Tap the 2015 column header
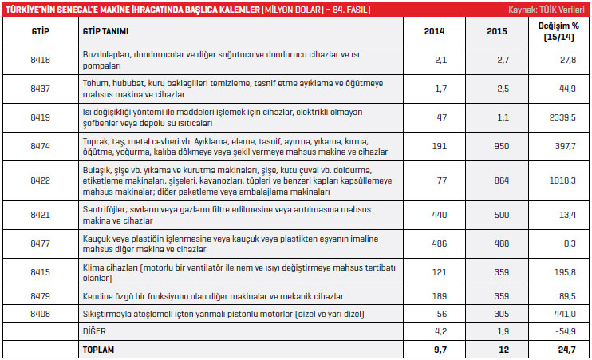[x=496, y=31]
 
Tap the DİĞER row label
[x=93, y=330]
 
